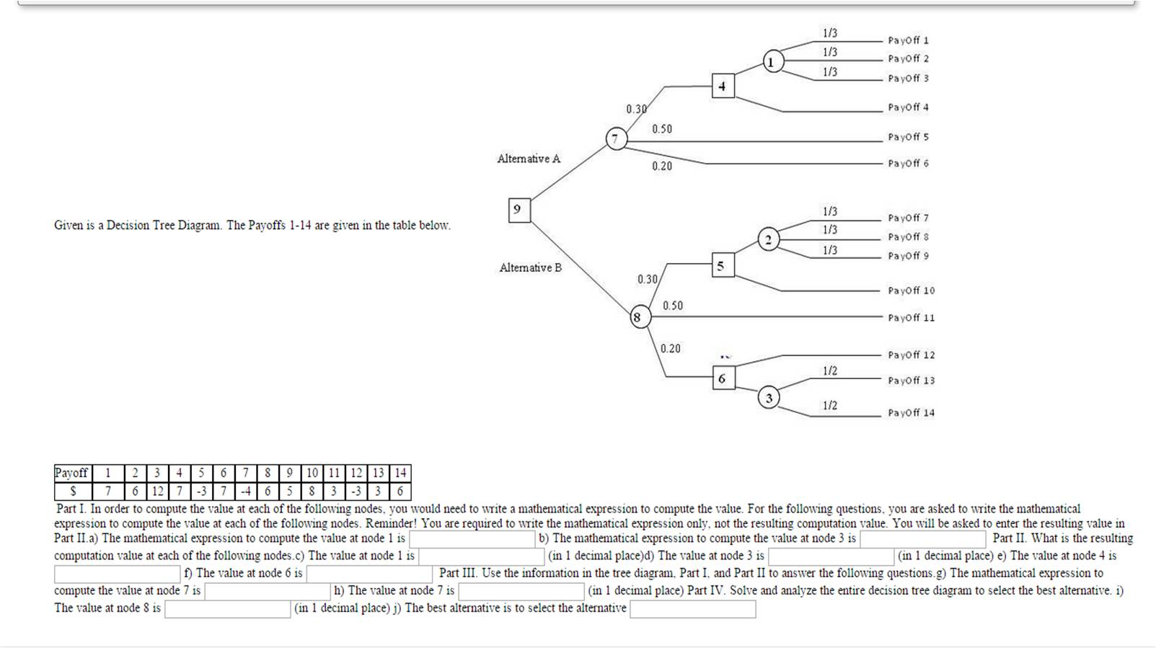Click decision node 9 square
coord(519,210)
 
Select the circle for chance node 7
coord(615,138)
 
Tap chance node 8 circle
coord(637,317)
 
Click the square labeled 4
coord(723,86)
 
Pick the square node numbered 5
coord(723,265)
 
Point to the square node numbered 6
coord(723,378)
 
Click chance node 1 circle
coord(773,62)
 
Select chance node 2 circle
coord(769,240)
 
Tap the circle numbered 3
coord(769,398)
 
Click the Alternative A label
coord(529,159)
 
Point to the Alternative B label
coord(530,267)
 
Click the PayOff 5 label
coord(908,137)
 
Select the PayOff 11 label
coord(911,318)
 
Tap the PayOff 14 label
coord(911,413)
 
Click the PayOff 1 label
coord(908,40)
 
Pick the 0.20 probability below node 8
coord(670,349)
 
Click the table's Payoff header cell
coord(71,473)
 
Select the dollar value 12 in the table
coord(157,492)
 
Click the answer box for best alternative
coord(692,609)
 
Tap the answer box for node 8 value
coord(227,609)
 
